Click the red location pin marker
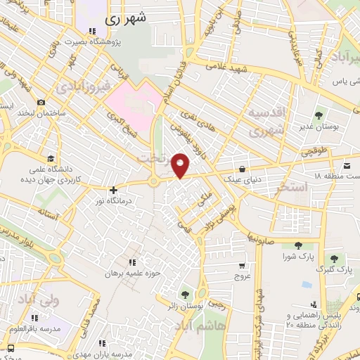181,165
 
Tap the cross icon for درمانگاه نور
113,189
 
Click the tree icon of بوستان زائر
186,294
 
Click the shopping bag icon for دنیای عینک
243,169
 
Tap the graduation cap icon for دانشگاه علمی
50,158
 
